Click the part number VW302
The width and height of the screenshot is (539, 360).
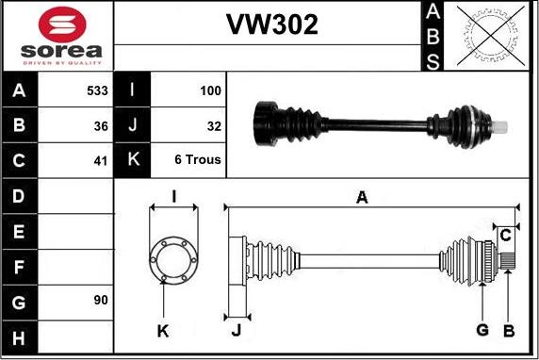[x=270, y=25]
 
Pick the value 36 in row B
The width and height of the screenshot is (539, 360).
[x=101, y=125]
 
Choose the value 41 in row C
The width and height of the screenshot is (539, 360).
[x=101, y=160]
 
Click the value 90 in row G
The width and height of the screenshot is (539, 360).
[x=101, y=301]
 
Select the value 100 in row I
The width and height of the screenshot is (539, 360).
[x=210, y=91]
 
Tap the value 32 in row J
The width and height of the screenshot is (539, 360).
[x=214, y=125]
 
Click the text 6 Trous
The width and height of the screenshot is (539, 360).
[x=198, y=160]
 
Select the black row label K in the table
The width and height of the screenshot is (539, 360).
[x=131, y=160]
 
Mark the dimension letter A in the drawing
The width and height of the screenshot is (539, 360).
[x=361, y=197]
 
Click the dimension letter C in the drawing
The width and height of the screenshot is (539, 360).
[x=506, y=235]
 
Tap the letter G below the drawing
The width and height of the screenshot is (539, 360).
[x=482, y=329]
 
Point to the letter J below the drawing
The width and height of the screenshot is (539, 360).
[x=237, y=329]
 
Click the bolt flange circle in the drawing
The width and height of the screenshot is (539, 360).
[x=173, y=259]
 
